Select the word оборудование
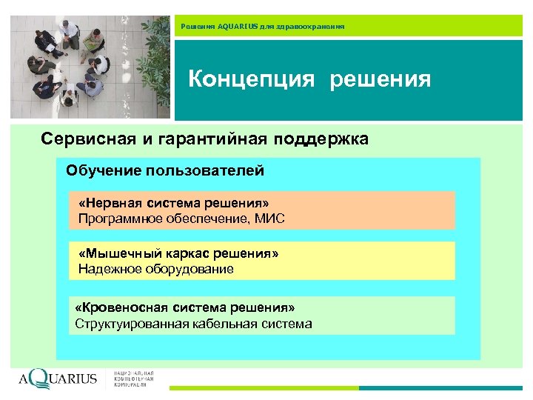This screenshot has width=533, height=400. click(x=190, y=270)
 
